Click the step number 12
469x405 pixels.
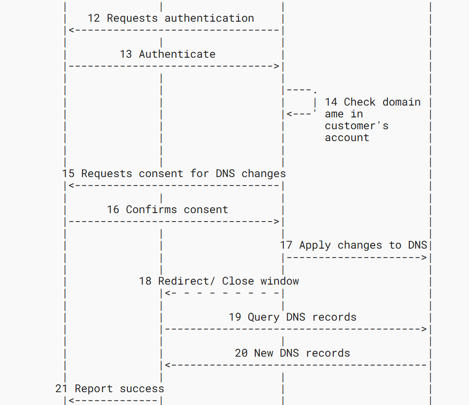tap(94, 18)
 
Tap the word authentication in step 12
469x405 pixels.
tap(209, 18)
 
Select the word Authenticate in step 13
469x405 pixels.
tap(177, 54)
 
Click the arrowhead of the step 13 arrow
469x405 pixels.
tap(276, 66)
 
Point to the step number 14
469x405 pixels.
tap(331, 102)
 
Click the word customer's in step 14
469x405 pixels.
tap(356, 126)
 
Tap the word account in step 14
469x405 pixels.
tap(347, 138)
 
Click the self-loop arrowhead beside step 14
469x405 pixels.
tap(289, 114)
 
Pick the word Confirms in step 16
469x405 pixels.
tap(152, 210)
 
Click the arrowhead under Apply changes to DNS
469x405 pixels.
tap(424, 258)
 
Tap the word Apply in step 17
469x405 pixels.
tap(315, 245)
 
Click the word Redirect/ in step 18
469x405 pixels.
tap(187, 281)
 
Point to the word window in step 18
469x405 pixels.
tap(279, 281)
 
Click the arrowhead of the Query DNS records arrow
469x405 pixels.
tap(424, 329)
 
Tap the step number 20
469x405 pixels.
tap(241, 353)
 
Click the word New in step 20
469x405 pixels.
tap(264, 353)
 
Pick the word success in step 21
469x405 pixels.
tap(142, 389)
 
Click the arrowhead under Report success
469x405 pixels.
tap(72, 401)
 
